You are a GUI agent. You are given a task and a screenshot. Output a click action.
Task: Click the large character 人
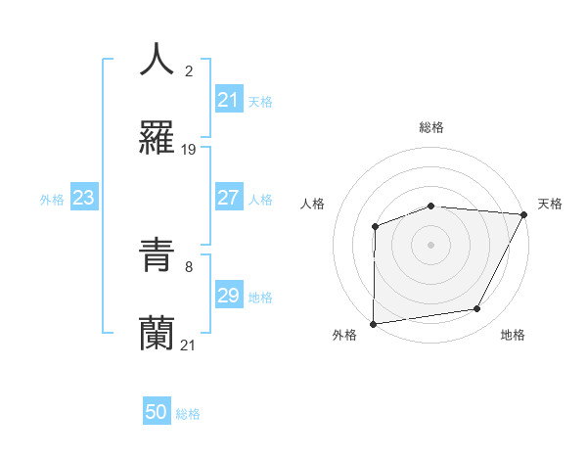tap(157, 61)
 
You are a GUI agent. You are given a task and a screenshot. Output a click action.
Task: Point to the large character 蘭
tap(157, 333)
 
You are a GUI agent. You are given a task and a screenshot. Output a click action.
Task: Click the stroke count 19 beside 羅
tap(189, 150)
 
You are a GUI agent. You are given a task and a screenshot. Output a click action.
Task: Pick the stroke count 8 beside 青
tap(189, 266)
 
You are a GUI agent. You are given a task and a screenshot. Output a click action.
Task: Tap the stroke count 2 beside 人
tap(189, 70)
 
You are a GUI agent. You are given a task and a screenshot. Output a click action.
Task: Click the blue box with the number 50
tap(157, 412)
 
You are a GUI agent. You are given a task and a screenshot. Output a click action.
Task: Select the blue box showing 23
tap(84, 199)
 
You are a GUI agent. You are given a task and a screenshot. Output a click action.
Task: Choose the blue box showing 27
tap(228, 198)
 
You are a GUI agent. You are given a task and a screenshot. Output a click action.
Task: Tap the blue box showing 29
tap(228, 296)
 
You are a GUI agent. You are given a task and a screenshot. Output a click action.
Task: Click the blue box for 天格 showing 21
tap(228, 100)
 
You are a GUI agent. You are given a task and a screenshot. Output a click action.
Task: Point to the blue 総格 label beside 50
tap(188, 414)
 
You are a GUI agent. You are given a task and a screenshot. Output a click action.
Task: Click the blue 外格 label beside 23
tap(52, 200)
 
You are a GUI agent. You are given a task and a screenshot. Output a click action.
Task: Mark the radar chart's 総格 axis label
tap(431, 127)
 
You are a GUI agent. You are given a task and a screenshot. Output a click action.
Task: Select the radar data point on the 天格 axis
tap(524, 214)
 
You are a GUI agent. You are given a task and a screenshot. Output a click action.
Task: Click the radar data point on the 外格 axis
tap(373, 324)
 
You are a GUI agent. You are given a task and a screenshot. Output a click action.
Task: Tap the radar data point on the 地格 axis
tap(477, 309)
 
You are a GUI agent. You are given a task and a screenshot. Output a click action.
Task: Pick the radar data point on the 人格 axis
tap(375, 227)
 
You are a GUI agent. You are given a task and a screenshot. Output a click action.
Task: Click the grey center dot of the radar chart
tap(430, 245)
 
